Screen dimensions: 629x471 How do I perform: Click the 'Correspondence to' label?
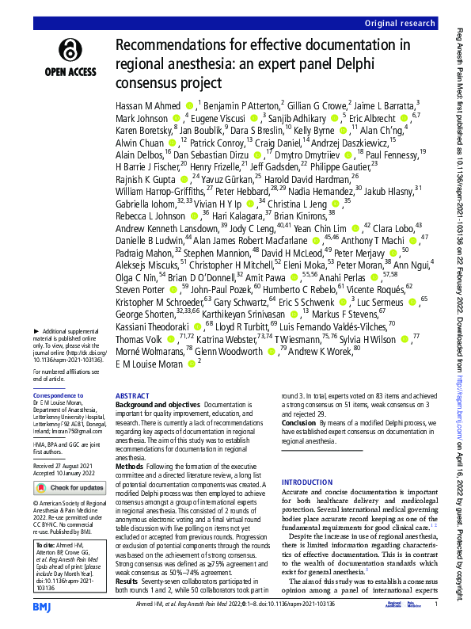tap(59, 395)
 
